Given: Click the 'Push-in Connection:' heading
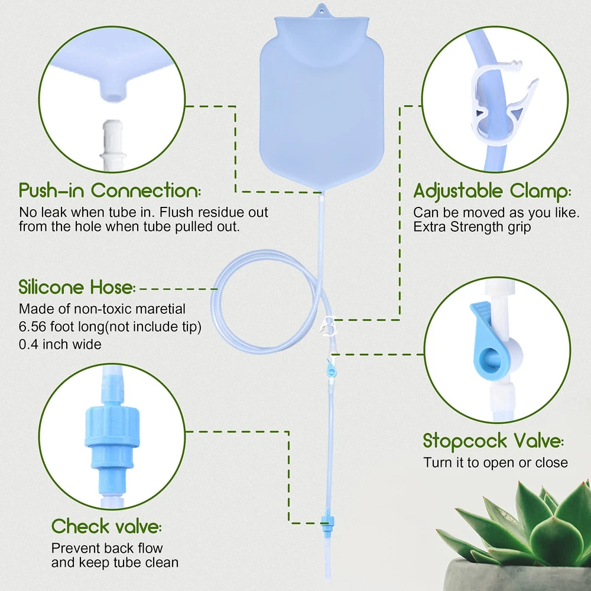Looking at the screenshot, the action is pos(110,190).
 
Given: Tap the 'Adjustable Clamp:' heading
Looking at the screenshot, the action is pos(492,191).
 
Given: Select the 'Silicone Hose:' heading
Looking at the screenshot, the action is pos(77,287).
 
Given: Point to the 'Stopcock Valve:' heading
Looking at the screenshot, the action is pos(493,441).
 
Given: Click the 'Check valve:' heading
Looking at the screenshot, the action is pos(106,526).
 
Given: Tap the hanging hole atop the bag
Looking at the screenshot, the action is pos(322,11).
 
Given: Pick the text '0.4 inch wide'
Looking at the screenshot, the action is pos(60,344).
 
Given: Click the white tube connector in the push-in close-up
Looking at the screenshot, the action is pos(112,145).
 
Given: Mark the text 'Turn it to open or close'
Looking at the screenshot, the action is pos(495,463).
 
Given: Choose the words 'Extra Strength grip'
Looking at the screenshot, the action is pos(472,227).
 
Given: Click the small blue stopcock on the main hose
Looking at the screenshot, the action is pos(332,369).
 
